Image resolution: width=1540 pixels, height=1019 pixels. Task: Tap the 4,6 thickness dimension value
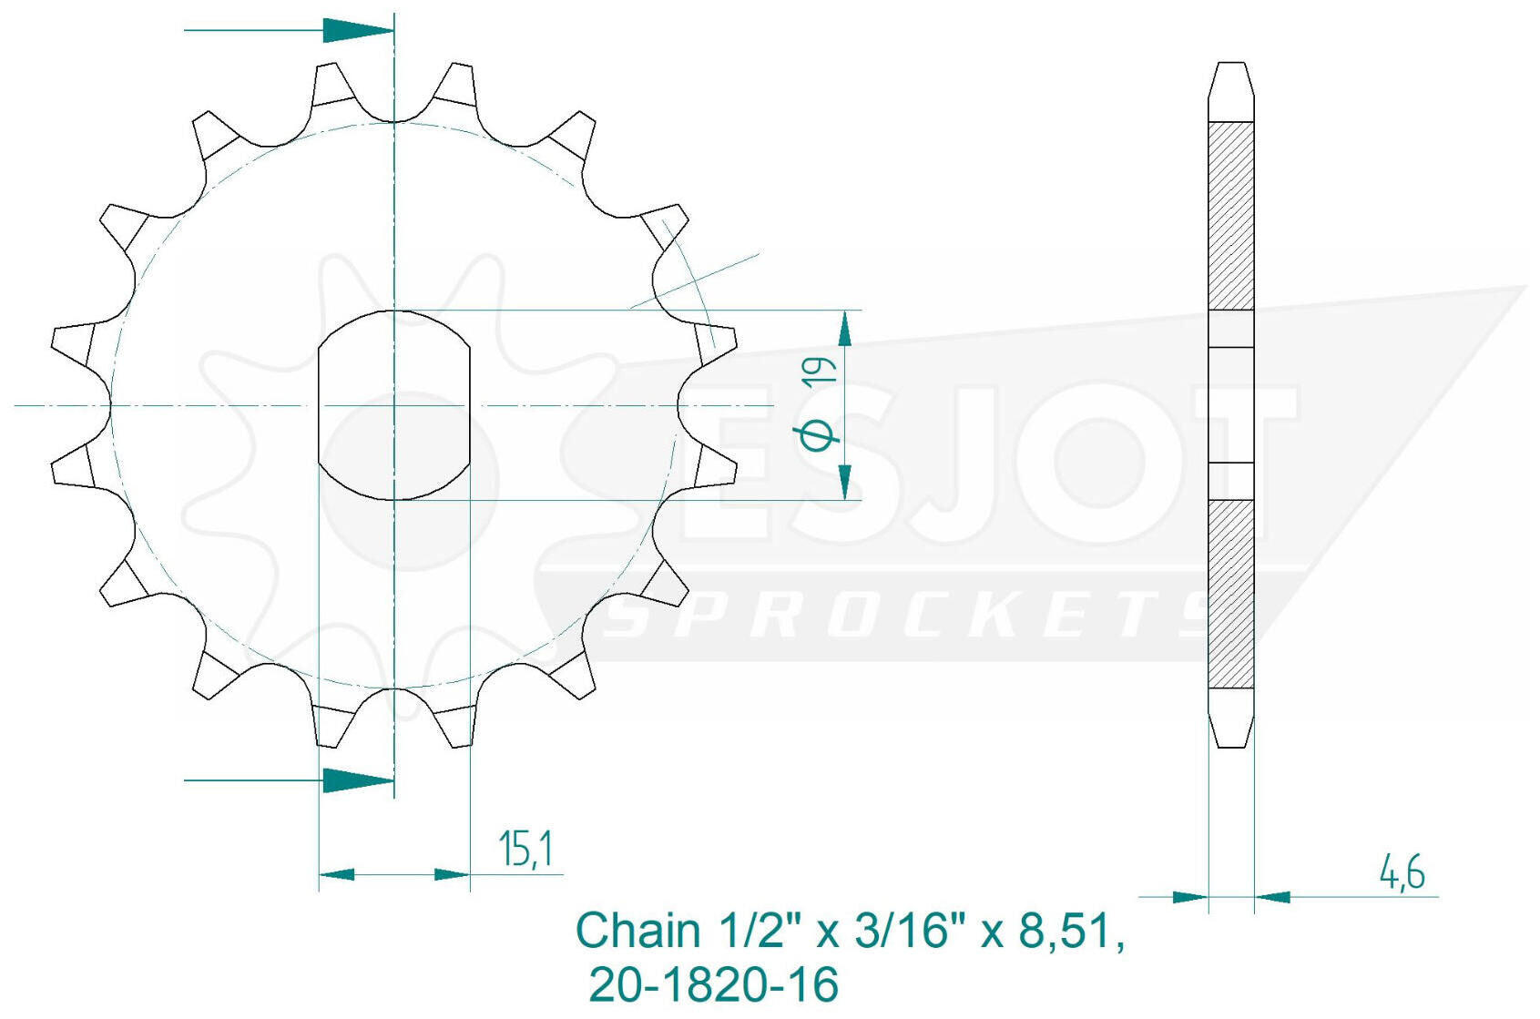tap(1402, 874)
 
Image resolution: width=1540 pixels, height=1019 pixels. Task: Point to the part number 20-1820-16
tap(714, 983)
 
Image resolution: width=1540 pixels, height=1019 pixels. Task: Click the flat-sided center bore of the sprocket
tap(394, 405)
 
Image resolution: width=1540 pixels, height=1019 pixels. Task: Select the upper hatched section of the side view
tap(1230, 216)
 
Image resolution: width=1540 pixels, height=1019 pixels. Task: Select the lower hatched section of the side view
tap(1230, 594)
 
